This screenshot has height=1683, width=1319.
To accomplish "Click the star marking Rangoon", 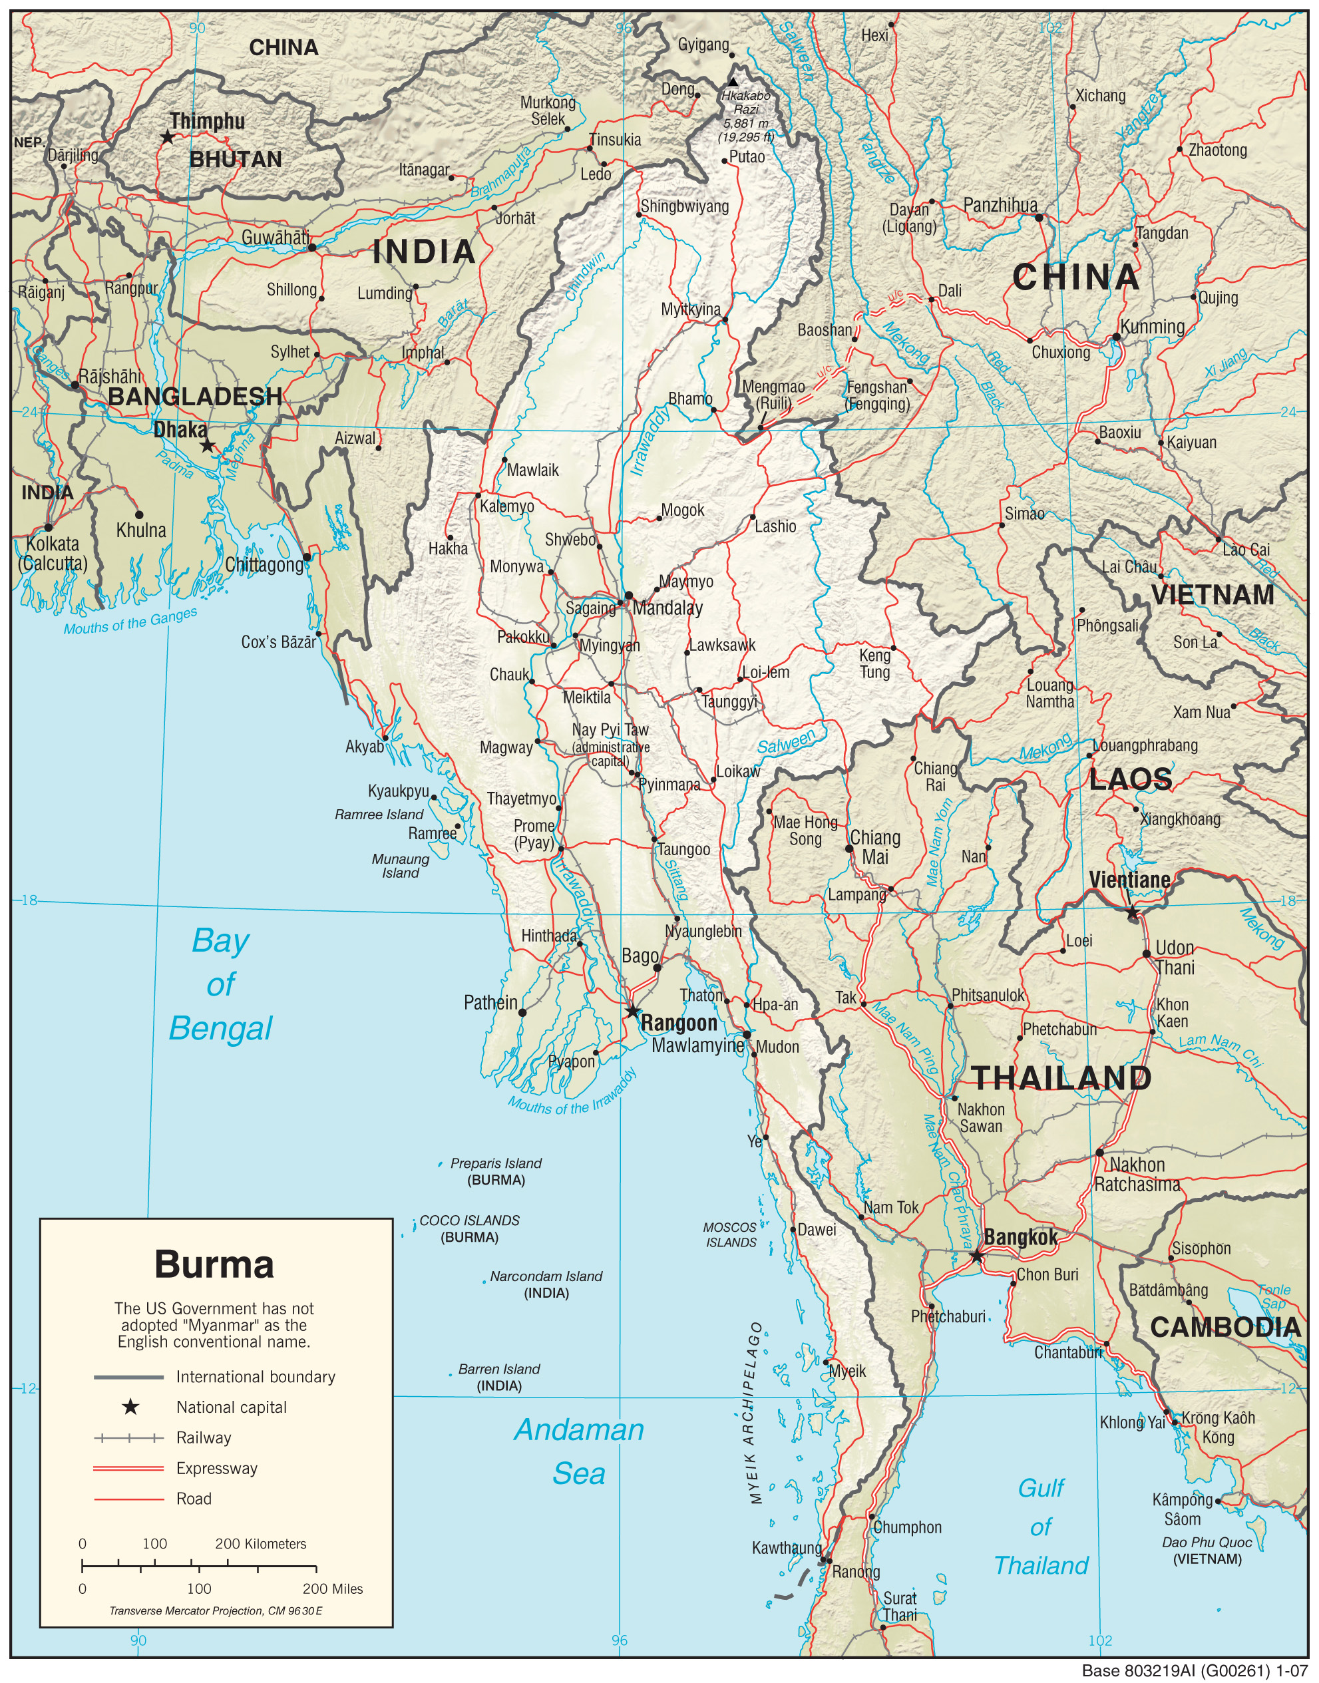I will (632, 1011).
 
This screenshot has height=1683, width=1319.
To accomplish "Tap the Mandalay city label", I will (667, 608).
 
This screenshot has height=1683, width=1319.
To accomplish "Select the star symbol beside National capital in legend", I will (130, 1407).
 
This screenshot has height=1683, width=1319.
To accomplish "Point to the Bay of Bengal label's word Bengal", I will (221, 1028).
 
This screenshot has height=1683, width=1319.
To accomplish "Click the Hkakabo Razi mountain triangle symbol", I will (733, 82).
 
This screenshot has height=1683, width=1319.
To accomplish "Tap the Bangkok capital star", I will (976, 1256).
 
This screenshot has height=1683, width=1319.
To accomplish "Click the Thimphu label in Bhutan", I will (207, 121).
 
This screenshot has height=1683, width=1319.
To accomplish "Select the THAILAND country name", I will (1061, 1079).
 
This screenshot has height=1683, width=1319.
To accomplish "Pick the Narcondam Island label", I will (546, 1276).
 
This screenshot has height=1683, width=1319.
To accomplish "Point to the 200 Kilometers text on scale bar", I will (260, 1544).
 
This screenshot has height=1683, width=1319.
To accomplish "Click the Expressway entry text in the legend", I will (217, 1468).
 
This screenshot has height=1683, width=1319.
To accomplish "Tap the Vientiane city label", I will (1129, 879).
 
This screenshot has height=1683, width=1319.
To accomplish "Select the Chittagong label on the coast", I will (264, 564).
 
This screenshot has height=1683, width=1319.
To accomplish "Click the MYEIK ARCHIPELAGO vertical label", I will (756, 1413).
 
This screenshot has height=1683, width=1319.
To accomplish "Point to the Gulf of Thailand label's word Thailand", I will (1041, 1566).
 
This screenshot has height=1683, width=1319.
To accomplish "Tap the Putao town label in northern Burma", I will (747, 156).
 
